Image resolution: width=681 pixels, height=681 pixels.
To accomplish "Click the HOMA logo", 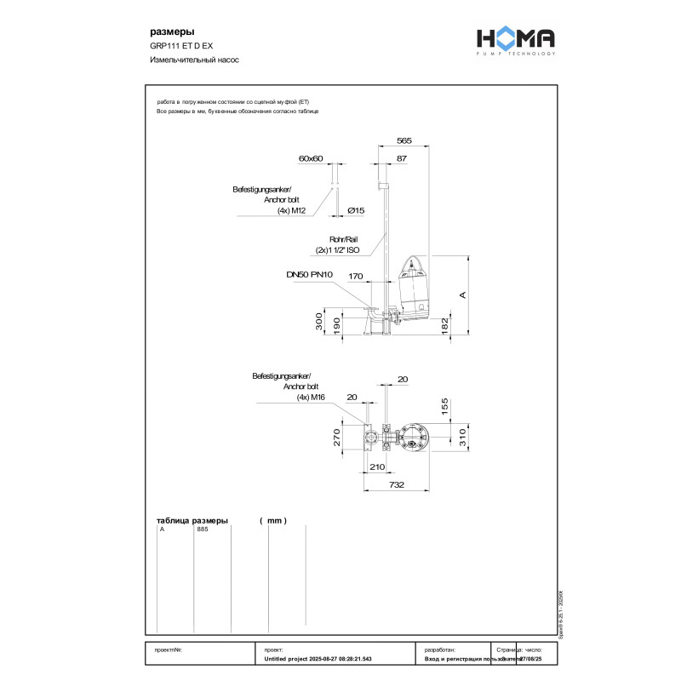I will click(514, 40).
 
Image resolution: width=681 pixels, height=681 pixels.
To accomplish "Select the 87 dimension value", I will click(402, 158).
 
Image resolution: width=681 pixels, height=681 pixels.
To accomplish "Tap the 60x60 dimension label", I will click(312, 158).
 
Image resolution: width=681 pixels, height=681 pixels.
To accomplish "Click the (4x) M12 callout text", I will click(291, 210).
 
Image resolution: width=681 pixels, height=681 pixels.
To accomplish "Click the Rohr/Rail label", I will click(345, 240).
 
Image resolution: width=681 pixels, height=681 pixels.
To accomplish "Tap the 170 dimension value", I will click(356, 276).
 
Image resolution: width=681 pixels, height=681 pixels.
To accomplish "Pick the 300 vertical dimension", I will click(318, 322).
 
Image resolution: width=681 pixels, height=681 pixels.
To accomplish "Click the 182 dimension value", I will click(444, 325).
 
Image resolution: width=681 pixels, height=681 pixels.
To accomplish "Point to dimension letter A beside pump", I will click(463, 295).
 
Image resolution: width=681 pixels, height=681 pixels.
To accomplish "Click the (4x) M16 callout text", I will click(312, 397).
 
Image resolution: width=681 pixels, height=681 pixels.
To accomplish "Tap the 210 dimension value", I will click(378, 466).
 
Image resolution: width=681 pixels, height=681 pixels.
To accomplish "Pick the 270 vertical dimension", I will click(336, 438).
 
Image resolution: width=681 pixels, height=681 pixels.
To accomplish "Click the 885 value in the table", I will click(203, 529).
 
